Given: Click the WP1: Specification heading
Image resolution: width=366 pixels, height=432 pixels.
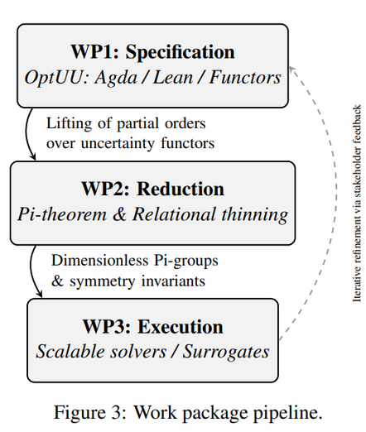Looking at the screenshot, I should coord(153,51).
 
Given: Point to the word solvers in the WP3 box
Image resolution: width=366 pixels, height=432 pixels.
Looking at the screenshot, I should coord(137,352).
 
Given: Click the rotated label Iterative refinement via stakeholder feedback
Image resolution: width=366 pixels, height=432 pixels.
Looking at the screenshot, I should coord(357,203).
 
